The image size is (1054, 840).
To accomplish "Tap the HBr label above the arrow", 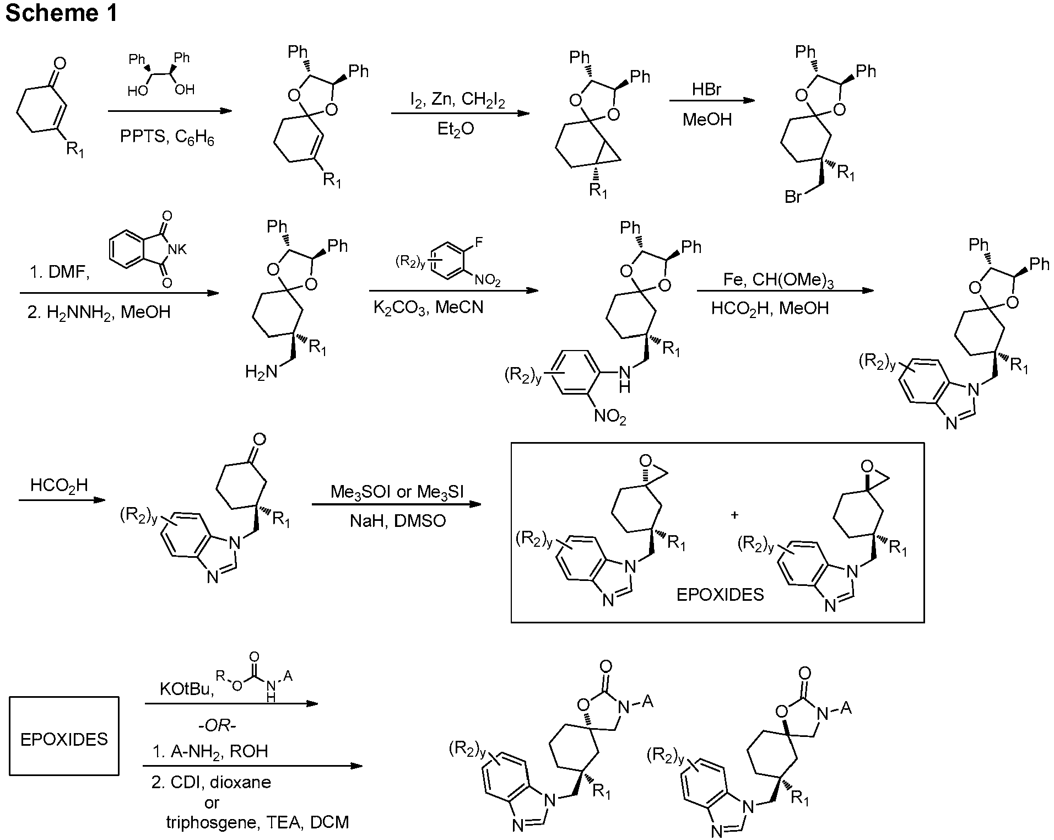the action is pyautogui.click(x=707, y=90).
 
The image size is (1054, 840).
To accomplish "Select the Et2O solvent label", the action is pyautogui.click(x=456, y=129).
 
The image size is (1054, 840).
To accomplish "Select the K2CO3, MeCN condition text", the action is pyautogui.click(x=429, y=307).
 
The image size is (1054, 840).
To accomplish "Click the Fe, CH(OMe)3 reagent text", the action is pyautogui.click(x=779, y=281).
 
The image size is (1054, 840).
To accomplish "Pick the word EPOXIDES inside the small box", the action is pyautogui.click(x=64, y=739).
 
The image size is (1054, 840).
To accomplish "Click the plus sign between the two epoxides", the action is pyautogui.click(x=734, y=515).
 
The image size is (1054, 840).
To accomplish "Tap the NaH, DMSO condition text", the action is pyautogui.click(x=398, y=521).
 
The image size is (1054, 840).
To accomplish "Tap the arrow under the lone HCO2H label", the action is pyautogui.click(x=62, y=500).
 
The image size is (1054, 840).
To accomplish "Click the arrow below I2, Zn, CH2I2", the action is pyautogui.click(x=460, y=114).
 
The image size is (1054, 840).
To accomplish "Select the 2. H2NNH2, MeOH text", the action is pyautogui.click(x=99, y=313).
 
